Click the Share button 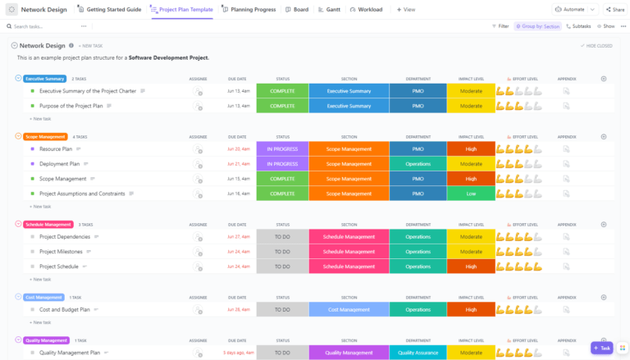tap(615, 9)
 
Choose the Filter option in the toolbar tap(500, 26)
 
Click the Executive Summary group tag tap(44, 79)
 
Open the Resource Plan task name tap(56, 148)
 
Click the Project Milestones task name tap(61, 252)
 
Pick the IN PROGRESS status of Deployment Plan tap(282, 163)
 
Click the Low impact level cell tap(471, 194)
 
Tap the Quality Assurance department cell tap(418, 353)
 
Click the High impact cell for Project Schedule tap(471, 267)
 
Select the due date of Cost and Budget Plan tap(238, 309)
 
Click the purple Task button tap(601, 348)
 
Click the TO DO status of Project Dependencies tap(282, 237)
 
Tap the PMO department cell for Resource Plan tap(418, 148)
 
